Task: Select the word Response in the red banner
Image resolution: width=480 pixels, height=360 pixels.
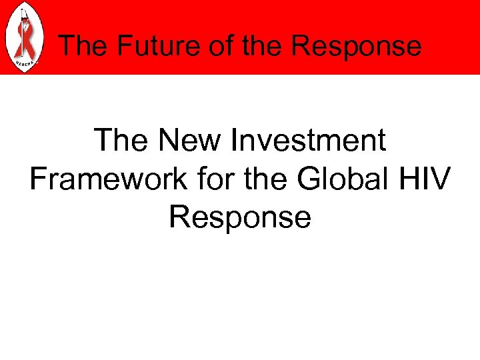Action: tap(357, 46)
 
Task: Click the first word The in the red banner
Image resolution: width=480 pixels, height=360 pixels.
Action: tap(83, 46)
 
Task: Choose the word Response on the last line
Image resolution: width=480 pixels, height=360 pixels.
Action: tap(240, 217)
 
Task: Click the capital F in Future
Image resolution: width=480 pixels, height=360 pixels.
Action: tap(120, 46)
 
